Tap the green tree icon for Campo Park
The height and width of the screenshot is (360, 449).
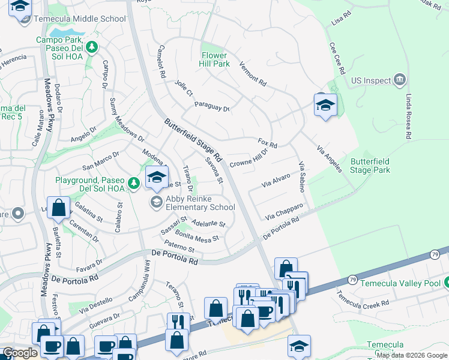point(91,46)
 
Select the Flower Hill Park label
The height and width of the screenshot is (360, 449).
point(215,59)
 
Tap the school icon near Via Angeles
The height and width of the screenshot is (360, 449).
point(325,106)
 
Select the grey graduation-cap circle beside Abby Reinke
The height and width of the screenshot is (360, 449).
point(157,201)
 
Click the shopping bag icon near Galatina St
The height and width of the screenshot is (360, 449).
point(59,208)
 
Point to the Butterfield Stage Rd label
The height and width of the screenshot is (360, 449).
point(193,142)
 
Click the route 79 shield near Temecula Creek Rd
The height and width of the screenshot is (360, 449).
point(352,280)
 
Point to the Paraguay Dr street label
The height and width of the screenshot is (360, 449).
point(212,107)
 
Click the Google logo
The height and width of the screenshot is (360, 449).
point(20,353)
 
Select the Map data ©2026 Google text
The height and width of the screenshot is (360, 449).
point(412,355)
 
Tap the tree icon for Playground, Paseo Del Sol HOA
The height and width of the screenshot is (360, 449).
point(136,181)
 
